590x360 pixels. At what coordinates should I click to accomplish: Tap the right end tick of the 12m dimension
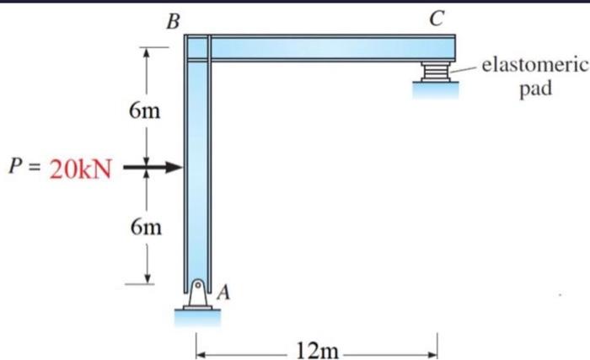click(x=438, y=344)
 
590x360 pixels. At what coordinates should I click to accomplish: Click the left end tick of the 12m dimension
click(x=196, y=344)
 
